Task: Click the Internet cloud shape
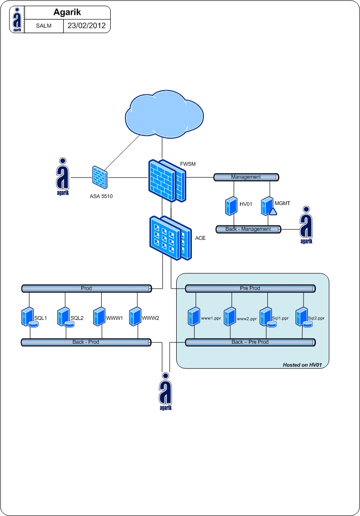coord(162,113)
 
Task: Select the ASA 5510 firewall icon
coord(100,178)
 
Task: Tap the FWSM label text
coord(188,164)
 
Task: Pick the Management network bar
coord(246,177)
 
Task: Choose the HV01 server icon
coord(231,206)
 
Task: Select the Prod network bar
coord(86,288)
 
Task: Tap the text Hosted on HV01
coord(303,364)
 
